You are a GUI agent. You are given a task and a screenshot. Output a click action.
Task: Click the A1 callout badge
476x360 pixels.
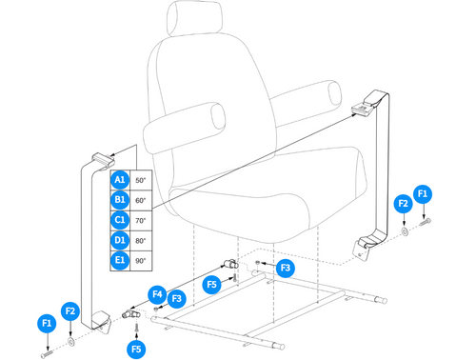pos(120,179)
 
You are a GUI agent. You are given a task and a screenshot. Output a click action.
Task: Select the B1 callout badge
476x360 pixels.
pos(120,200)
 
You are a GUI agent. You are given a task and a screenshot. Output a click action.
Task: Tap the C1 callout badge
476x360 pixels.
pos(120,221)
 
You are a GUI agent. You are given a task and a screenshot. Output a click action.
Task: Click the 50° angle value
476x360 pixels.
pos(141,179)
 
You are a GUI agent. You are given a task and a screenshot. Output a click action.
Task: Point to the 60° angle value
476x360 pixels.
pos(141,200)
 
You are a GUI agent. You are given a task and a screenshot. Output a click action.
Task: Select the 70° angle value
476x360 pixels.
pos(141,221)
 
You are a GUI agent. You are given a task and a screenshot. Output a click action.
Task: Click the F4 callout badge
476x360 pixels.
pos(158,292)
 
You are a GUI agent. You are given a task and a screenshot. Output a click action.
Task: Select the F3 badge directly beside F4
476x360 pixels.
pos(176,299)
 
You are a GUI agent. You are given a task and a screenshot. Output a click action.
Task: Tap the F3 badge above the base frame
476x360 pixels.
pos(285,269)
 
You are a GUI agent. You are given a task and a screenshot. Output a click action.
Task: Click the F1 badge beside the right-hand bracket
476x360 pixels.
pos(424,193)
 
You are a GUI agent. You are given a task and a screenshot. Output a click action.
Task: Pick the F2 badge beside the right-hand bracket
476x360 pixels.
pos(404,203)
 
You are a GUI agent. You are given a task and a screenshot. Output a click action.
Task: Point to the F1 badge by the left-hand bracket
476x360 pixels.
pos(47,322)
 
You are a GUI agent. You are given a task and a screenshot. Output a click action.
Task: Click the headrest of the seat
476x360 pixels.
pos(194,20)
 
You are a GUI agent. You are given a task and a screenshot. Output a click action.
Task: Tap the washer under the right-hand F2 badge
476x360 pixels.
pos(407,229)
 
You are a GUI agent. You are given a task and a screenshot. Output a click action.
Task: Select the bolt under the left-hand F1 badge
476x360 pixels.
pos(45,347)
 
